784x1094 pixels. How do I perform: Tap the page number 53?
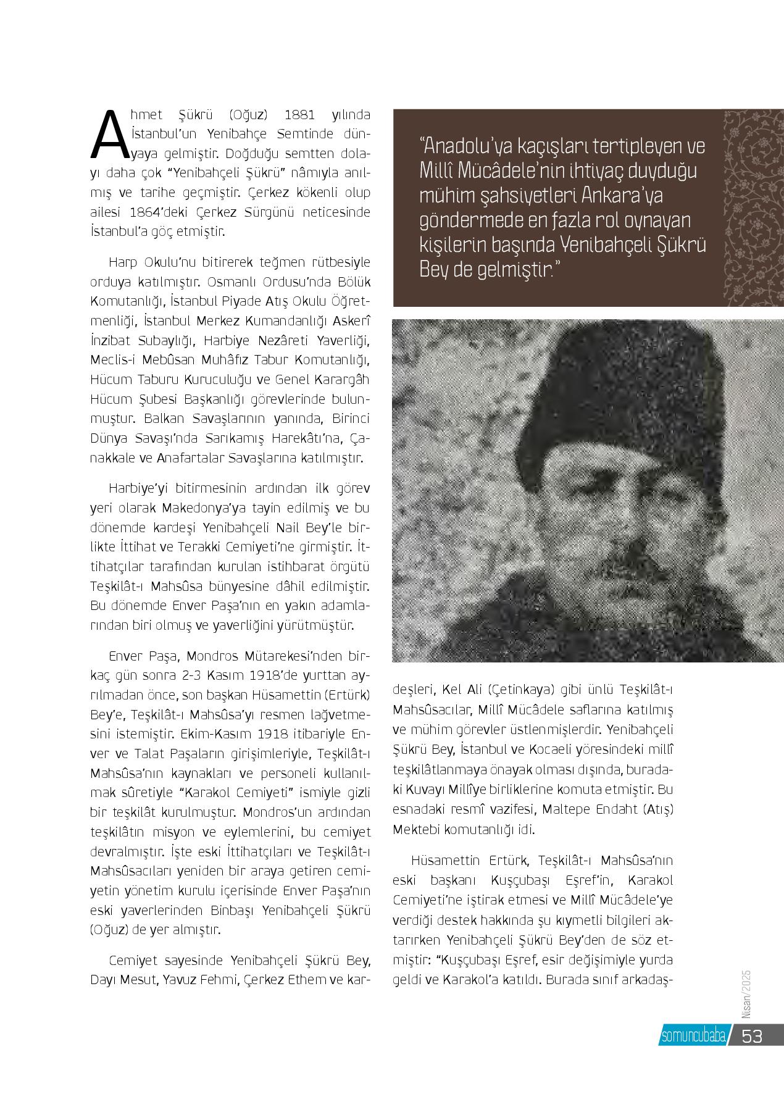(753, 1035)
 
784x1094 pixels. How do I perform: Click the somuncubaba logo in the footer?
(692, 1036)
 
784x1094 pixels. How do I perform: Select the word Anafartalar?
(192, 458)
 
